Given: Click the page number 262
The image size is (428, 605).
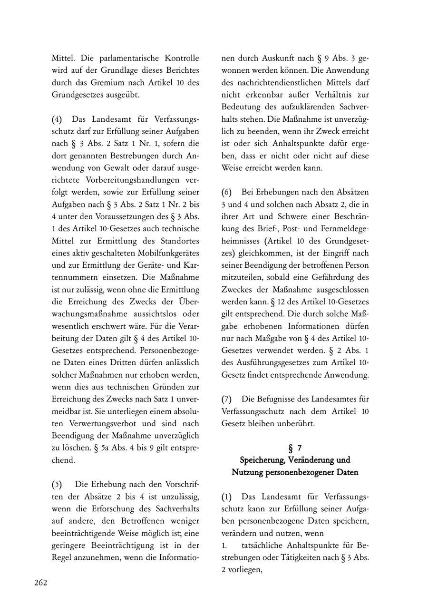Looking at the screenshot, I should [x=40, y=583].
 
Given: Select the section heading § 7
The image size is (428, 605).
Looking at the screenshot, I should [x=295, y=448].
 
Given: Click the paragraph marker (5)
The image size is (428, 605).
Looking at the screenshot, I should [x=57, y=484].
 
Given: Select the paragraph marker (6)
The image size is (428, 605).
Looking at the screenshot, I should [x=227, y=192].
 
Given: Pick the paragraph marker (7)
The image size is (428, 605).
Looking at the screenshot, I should [x=227, y=399].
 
